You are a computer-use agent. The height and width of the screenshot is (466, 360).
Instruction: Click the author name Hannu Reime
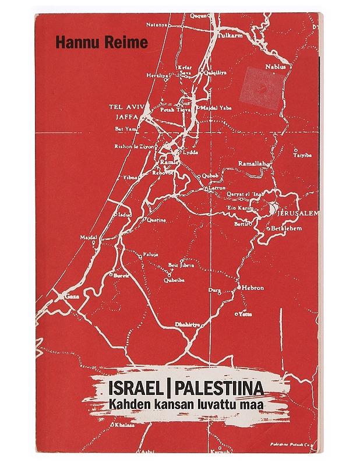(x=93, y=43)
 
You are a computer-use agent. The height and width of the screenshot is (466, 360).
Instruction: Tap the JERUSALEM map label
(x=298, y=214)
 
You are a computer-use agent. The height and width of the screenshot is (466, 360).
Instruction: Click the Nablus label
(x=276, y=66)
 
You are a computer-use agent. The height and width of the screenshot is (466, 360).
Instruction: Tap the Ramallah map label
(x=252, y=164)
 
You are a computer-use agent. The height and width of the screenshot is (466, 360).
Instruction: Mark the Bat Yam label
(x=126, y=129)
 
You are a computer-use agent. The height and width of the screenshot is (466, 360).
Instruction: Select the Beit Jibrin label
(x=181, y=265)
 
